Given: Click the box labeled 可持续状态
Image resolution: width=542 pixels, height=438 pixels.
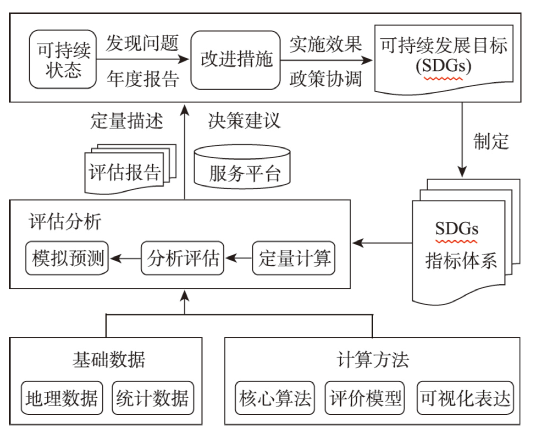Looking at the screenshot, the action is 62,59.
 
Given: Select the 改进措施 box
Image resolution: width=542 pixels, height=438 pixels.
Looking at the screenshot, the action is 235,60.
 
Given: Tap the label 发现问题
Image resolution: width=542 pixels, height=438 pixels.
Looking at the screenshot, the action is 142,43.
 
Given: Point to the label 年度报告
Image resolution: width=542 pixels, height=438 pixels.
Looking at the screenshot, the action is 143,79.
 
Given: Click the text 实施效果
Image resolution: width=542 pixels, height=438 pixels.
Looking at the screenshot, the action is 325,44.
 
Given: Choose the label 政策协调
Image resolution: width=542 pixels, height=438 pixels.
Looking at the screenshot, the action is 325,79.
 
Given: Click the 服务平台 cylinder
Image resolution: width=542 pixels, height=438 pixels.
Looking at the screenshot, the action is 242,166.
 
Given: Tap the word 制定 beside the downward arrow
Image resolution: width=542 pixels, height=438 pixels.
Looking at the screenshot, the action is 491,141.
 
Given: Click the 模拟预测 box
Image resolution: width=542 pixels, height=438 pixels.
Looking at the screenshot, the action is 67,258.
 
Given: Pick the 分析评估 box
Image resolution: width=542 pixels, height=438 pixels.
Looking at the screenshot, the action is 182,258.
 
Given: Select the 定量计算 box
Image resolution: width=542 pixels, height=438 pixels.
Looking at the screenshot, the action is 294,258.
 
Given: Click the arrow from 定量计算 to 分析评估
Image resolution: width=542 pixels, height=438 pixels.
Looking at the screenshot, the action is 238,258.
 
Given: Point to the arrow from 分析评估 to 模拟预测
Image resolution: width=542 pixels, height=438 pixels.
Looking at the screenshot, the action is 125,258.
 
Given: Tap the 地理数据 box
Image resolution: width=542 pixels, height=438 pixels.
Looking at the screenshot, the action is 62,398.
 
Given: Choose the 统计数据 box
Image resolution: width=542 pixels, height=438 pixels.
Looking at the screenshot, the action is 153,398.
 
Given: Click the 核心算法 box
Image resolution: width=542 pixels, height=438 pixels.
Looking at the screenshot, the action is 275,398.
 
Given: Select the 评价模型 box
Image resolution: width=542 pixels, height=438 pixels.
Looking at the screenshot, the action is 364,398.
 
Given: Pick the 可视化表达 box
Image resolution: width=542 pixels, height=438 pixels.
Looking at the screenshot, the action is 465,398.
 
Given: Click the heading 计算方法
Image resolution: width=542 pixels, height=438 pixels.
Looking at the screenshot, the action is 372,359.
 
